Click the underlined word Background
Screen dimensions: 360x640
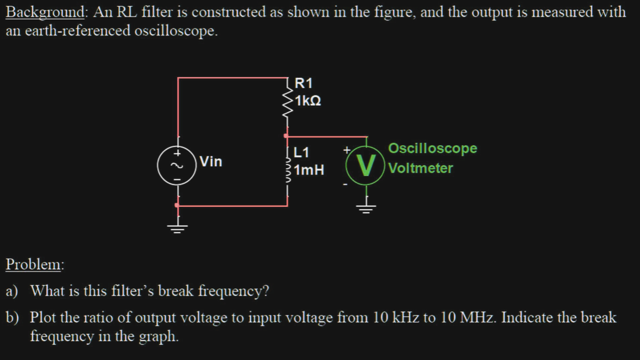point(45,13)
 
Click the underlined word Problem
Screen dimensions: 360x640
point(34,265)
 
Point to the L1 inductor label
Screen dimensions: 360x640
point(302,153)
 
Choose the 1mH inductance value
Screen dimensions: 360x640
point(309,170)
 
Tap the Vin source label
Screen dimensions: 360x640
point(211,162)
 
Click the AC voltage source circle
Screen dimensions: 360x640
point(177,164)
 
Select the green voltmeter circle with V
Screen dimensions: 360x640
point(366,165)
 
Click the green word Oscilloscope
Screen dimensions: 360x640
point(432,149)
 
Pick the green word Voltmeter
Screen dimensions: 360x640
point(420,169)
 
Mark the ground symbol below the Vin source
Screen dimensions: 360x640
point(178,228)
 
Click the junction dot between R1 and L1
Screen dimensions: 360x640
point(286,136)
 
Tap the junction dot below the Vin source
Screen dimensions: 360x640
point(177,205)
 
